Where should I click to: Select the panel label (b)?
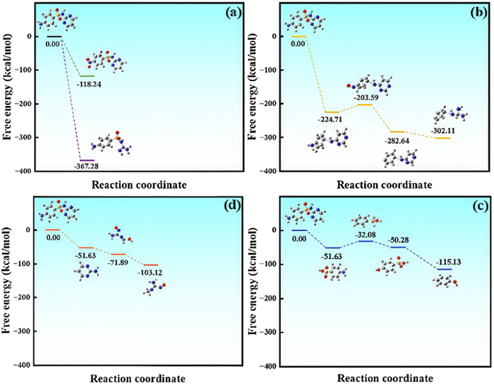[x=469, y=13]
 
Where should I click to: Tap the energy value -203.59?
[x=364, y=97]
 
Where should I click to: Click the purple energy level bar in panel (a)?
[x=86, y=160]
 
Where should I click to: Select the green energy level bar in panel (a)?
[x=86, y=76]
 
